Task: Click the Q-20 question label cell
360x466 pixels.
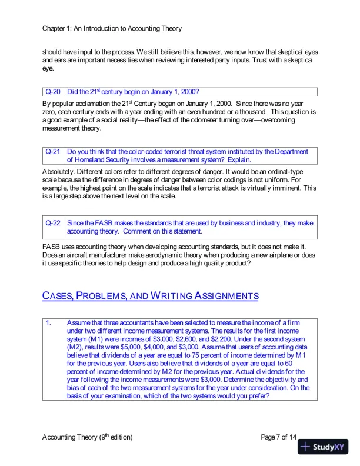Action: (x=53, y=92)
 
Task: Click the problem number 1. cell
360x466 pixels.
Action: (x=53, y=323)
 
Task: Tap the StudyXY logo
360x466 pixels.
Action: (x=323, y=447)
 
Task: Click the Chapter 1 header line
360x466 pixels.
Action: (x=112, y=28)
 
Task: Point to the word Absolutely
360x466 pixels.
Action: (x=58, y=171)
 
